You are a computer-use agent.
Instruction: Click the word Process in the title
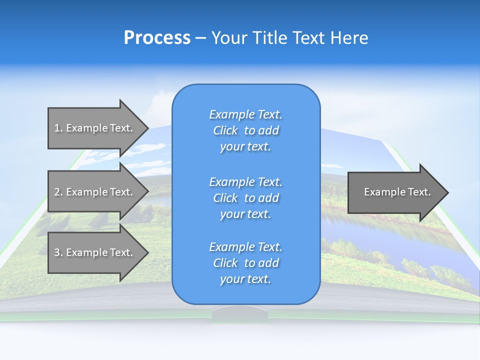157,38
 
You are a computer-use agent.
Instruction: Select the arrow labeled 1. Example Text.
93,128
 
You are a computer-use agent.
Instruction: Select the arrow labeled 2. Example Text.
93,192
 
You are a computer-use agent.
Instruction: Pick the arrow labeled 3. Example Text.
93,252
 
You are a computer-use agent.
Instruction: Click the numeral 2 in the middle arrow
57,192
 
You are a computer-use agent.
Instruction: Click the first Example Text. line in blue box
246,114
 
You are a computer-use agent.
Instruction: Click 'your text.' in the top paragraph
245,146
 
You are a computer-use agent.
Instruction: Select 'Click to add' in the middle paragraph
246,198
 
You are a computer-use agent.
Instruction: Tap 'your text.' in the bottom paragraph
245,279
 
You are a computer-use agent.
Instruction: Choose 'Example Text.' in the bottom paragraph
246,247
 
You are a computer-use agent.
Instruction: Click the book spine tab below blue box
240,315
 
